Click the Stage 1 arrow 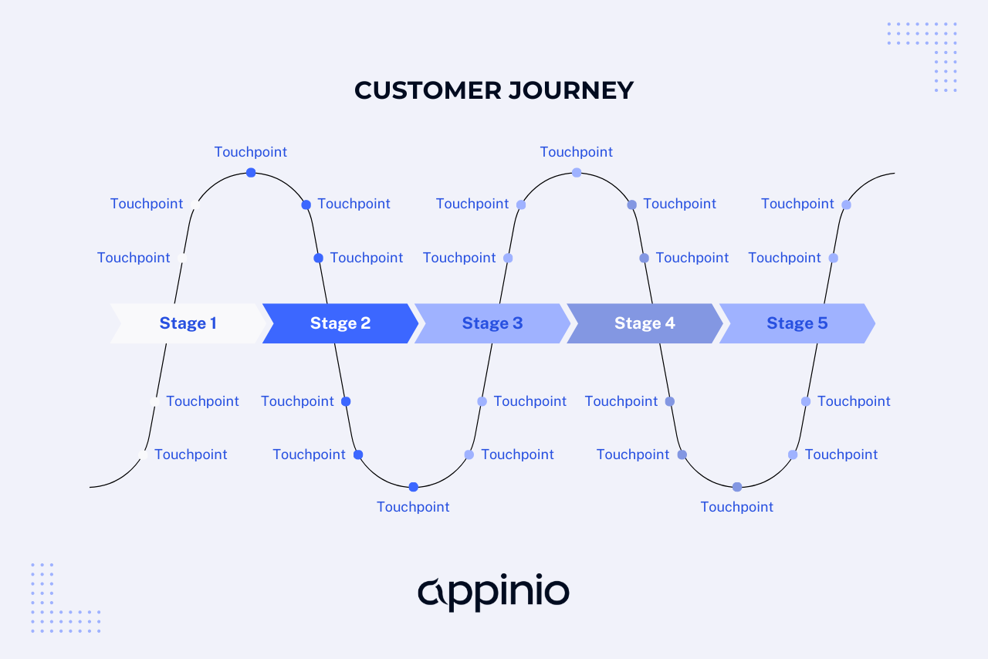tap(188, 323)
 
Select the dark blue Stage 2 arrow tap(340, 323)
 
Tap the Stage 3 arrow tap(492, 323)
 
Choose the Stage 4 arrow tap(645, 323)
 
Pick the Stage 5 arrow tap(797, 323)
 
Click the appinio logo tap(493, 593)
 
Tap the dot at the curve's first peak tap(251, 173)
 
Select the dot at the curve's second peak tap(577, 173)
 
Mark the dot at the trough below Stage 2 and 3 tap(414, 487)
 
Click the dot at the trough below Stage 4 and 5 tap(737, 487)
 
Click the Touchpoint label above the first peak tap(251, 152)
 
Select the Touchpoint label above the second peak tap(577, 152)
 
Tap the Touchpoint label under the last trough tap(737, 507)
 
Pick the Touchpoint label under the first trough tap(413, 507)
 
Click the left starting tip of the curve tap(92, 487)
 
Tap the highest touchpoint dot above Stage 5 tap(846, 204)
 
